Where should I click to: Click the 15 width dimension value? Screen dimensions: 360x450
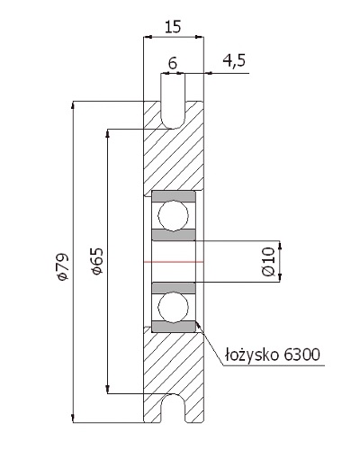tap(173, 26)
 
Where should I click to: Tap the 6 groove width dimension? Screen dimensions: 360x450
tap(173, 63)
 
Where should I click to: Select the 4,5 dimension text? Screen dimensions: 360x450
tap(234, 60)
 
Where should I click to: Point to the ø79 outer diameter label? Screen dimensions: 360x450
tap(63, 266)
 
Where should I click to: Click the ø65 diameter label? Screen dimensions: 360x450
tap(97, 261)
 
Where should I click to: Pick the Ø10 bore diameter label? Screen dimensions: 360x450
tap(268, 262)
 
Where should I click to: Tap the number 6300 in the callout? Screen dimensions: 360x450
tap(301, 355)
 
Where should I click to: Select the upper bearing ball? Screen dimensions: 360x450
tap(174, 215)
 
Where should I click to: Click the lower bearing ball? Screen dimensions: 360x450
tap(174, 307)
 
